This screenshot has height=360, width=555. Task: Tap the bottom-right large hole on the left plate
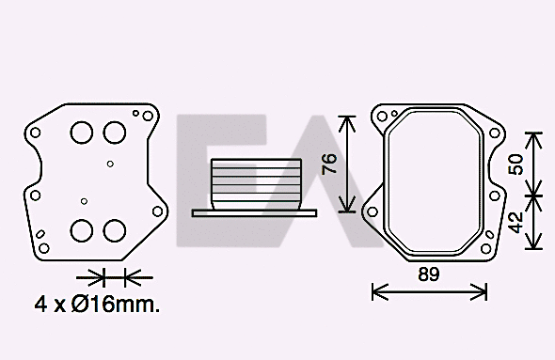point(115,230)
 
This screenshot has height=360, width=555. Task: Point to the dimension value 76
point(328,164)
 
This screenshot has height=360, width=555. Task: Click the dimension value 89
point(429,274)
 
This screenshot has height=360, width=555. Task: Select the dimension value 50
point(515,164)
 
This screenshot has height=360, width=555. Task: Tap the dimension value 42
point(515,222)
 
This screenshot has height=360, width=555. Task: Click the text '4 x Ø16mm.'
point(97,305)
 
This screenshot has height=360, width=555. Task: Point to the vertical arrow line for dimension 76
point(349,164)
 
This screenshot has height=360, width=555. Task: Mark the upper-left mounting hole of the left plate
point(35,133)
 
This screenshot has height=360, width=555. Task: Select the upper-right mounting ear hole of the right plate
point(492,130)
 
